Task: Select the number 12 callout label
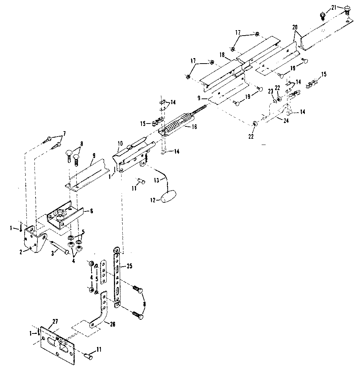pos(153,199)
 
